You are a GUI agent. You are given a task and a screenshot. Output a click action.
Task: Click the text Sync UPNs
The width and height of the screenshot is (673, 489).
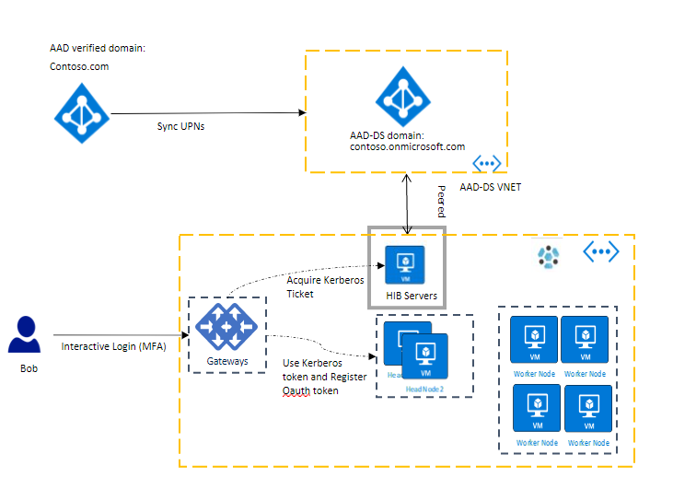tap(180, 127)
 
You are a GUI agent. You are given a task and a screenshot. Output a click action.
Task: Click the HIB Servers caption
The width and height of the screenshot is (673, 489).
tap(405, 296)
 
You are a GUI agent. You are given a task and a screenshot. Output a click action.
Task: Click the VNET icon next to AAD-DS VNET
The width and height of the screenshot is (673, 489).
tap(486, 164)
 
